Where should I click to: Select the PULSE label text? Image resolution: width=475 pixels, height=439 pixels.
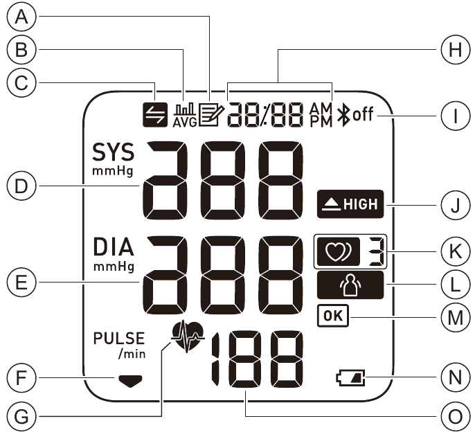pos(118,339)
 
